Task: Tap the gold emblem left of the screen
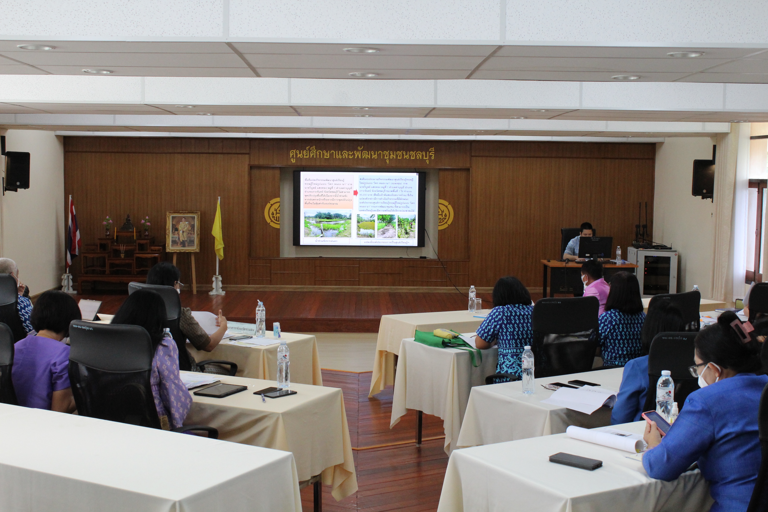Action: [272, 213]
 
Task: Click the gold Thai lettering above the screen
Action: [362, 154]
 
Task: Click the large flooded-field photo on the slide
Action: [328, 223]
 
